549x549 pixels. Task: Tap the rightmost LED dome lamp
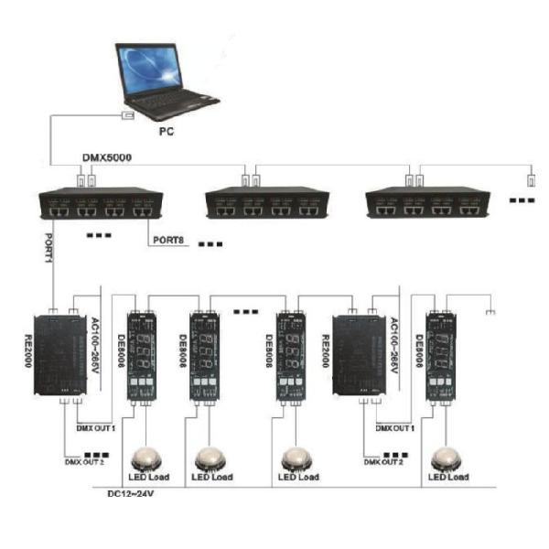coord(448,457)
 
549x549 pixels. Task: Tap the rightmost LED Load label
coord(448,478)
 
